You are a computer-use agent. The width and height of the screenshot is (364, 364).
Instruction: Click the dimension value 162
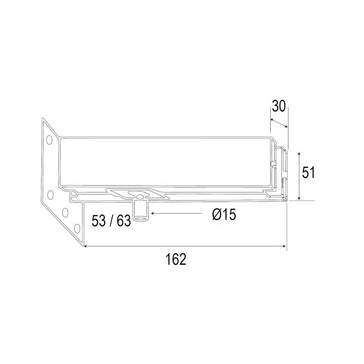pyautogui.click(x=176, y=259)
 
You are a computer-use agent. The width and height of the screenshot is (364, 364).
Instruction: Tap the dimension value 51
pyautogui.click(x=309, y=172)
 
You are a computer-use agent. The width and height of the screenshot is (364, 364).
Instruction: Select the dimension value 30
pyautogui.click(x=278, y=106)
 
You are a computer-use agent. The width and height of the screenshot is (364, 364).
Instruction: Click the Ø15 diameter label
pyautogui.click(x=224, y=214)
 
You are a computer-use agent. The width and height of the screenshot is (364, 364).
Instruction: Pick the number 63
pyautogui.click(x=123, y=221)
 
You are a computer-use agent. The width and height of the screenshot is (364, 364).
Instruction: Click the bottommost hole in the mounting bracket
pyautogui.click(x=71, y=226)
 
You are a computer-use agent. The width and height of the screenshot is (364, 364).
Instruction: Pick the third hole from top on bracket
pyautogui.click(x=65, y=212)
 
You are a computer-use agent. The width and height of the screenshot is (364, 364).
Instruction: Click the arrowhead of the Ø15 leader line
pyautogui.click(x=153, y=213)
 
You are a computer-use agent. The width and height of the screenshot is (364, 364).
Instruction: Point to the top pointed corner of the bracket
pyautogui.click(x=43, y=119)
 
